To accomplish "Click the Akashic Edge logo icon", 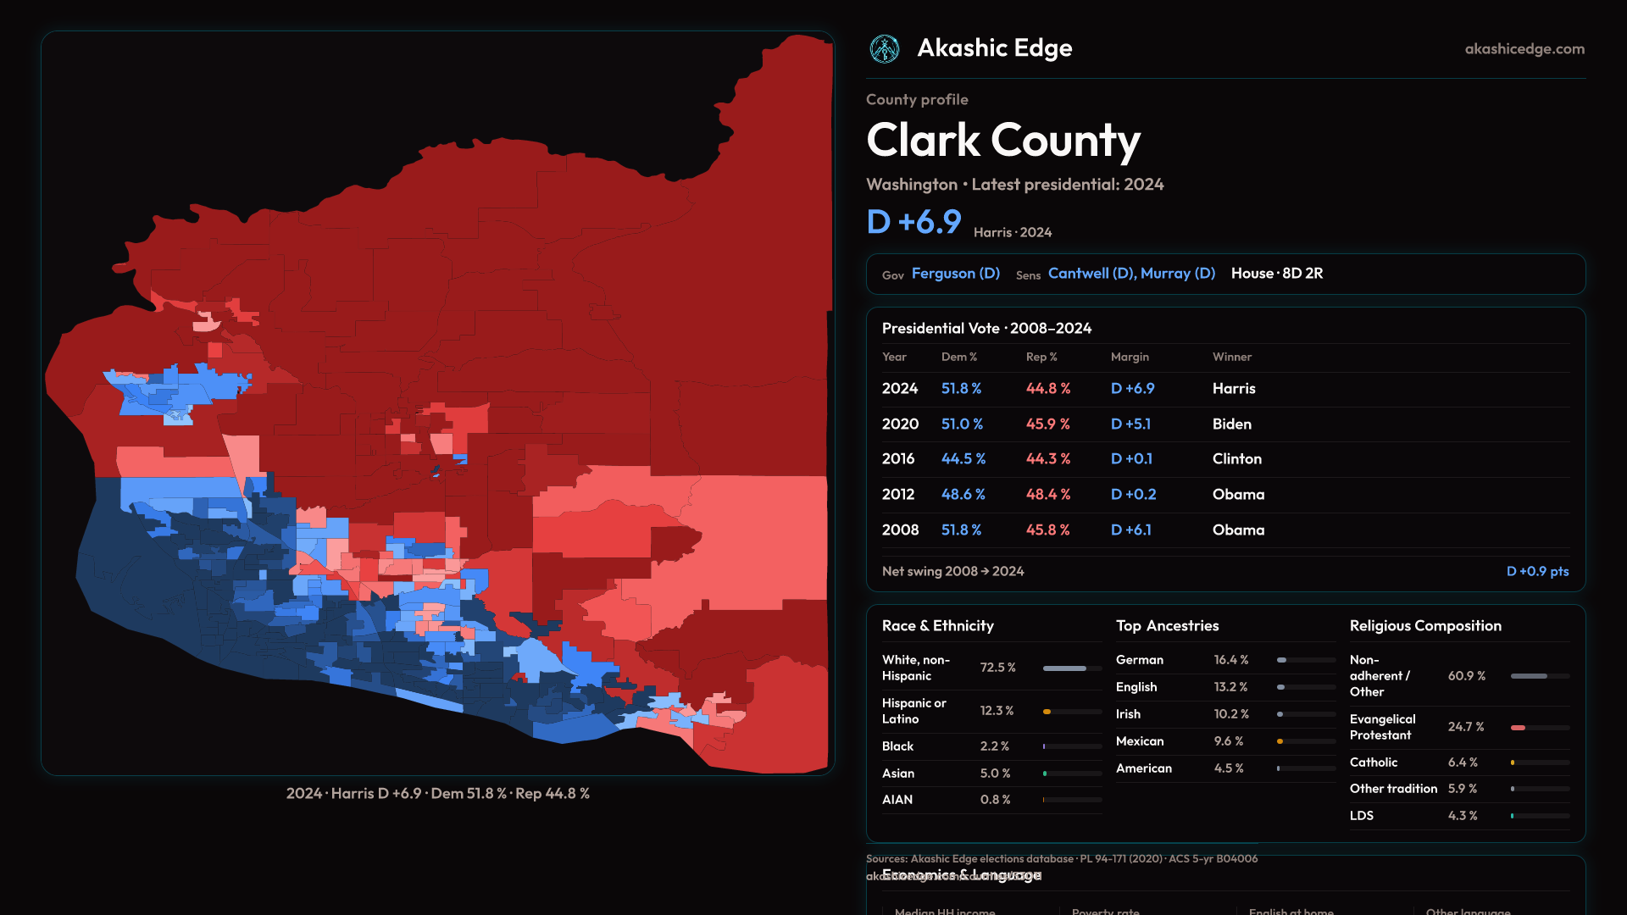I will tap(885, 49).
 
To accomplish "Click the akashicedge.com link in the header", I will tap(1524, 49).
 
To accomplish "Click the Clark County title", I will tap(1003, 141).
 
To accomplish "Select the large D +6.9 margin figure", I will tap(913, 222).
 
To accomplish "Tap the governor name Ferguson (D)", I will tap(956, 274).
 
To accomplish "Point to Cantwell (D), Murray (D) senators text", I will tap(1131, 274).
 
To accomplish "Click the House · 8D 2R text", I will tap(1277, 274).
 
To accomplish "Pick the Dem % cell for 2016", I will tap(963, 459).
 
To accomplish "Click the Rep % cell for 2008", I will tap(1047, 530).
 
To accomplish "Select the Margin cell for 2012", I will tap(1133, 495).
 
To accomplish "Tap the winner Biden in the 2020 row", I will tap(1231, 424).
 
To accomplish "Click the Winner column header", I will tap(1231, 358).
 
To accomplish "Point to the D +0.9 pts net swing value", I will tap(1537, 572).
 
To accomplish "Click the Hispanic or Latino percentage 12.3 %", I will tap(997, 711).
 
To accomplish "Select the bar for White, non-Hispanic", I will tap(1072, 668).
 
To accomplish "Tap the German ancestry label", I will tap(1140, 660).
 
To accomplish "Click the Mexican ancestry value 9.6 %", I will tap(1228, 741).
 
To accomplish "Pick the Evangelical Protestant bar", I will tap(1540, 728).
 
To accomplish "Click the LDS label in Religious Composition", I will tap(1362, 816).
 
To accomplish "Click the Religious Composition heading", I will tap(1425, 626).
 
